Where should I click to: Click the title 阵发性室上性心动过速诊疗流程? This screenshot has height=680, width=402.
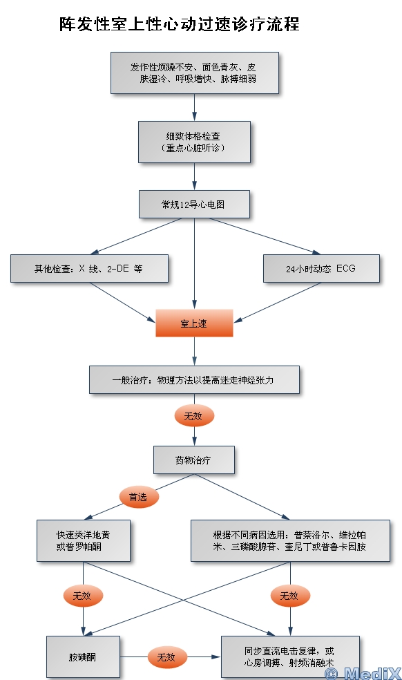179,24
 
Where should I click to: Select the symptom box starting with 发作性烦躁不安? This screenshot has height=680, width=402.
194,73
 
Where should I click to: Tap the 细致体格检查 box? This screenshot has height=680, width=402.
194,142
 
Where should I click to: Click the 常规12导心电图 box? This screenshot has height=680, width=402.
194,204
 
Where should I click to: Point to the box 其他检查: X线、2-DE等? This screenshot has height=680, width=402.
89,268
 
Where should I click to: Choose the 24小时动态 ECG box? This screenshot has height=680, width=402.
321,268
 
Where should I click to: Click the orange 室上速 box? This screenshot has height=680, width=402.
194,323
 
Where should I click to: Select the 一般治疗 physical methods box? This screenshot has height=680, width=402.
194,379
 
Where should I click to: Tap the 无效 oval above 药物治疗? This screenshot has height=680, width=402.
194,416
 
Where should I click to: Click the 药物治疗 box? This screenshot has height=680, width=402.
194,460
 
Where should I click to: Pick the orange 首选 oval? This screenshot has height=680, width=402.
139,497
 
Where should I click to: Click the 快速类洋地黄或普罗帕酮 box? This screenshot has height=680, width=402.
84,541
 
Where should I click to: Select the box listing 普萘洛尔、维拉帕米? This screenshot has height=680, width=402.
290,541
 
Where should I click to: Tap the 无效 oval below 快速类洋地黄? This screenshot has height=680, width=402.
83,596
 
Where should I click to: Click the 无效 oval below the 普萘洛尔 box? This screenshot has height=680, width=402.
290,596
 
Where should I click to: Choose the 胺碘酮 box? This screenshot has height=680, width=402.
83,657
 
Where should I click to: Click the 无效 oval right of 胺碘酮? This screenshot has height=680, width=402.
167,657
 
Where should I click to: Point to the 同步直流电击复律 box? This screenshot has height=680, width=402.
290,657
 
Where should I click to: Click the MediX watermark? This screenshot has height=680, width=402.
363,672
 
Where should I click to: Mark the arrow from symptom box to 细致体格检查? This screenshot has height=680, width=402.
194,107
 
